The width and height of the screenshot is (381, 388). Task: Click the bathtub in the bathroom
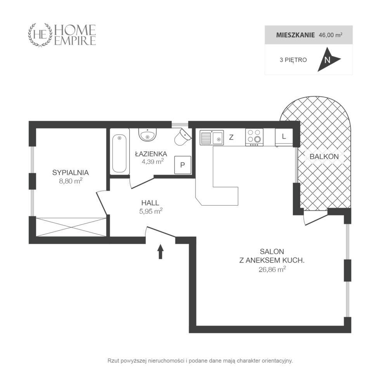(119, 152)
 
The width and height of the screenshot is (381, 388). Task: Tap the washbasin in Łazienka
(147, 134)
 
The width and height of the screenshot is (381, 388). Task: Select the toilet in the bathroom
(183, 137)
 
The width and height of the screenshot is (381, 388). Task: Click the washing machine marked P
(183, 165)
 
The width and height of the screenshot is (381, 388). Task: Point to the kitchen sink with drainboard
(212, 138)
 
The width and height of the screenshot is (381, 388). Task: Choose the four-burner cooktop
(255, 137)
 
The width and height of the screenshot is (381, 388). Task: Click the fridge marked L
(284, 137)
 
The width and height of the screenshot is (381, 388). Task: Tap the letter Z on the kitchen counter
(231, 137)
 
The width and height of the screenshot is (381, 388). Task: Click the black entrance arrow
(161, 251)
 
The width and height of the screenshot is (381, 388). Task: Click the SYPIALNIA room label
(71, 173)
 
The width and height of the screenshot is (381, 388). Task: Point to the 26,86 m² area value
(272, 269)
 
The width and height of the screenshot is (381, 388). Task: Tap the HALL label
(150, 203)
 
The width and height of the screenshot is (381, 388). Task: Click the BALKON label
(324, 156)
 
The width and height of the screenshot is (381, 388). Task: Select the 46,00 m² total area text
(331, 35)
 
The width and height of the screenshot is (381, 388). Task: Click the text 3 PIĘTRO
(293, 60)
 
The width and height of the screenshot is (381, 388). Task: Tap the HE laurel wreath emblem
(40, 35)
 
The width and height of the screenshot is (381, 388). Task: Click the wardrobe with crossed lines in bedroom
(71, 227)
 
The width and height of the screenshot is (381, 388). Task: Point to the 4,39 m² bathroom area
(152, 161)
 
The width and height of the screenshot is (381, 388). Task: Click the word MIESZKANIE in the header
(295, 35)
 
